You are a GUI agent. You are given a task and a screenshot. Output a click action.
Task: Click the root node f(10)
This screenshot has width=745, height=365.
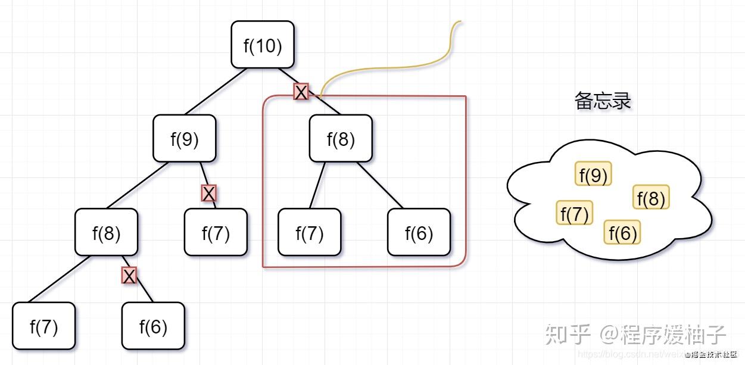(x=263, y=45)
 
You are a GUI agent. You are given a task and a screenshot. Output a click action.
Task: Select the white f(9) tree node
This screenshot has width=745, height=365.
(x=185, y=138)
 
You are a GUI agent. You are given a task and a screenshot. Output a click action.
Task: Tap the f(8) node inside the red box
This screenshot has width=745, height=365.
(x=341, y=138)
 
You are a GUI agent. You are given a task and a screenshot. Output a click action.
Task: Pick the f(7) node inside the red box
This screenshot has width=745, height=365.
(x=310, y=232)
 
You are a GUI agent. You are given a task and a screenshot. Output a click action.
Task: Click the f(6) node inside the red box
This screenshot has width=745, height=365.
(x=419, y=232)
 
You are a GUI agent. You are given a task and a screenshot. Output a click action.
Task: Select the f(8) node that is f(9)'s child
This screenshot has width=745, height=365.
(x=106, y=232)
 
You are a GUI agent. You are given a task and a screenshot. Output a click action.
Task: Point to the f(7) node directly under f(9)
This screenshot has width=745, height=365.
(x=216, y=232)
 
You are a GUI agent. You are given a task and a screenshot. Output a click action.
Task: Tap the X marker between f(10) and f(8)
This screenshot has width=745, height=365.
(x=301, y=92)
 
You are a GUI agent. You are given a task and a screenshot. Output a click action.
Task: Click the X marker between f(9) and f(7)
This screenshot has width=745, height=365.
(x=208, y=193)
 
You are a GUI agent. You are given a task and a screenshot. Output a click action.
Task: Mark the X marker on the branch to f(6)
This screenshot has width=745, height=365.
(x=129, y=275)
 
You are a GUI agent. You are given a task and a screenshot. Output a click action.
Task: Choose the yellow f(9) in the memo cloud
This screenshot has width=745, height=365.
(x=593, y=174)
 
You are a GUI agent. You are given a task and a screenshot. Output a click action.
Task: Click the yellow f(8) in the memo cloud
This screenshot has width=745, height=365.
(x=650, y=198)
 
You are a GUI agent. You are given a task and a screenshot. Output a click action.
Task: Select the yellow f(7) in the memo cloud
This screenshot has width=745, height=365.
(x=575, y=213)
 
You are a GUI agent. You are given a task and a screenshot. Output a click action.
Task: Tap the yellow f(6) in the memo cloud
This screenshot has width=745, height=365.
(x=622, y=232)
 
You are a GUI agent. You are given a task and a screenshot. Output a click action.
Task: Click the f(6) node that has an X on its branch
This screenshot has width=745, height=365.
(x=153, y=326)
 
